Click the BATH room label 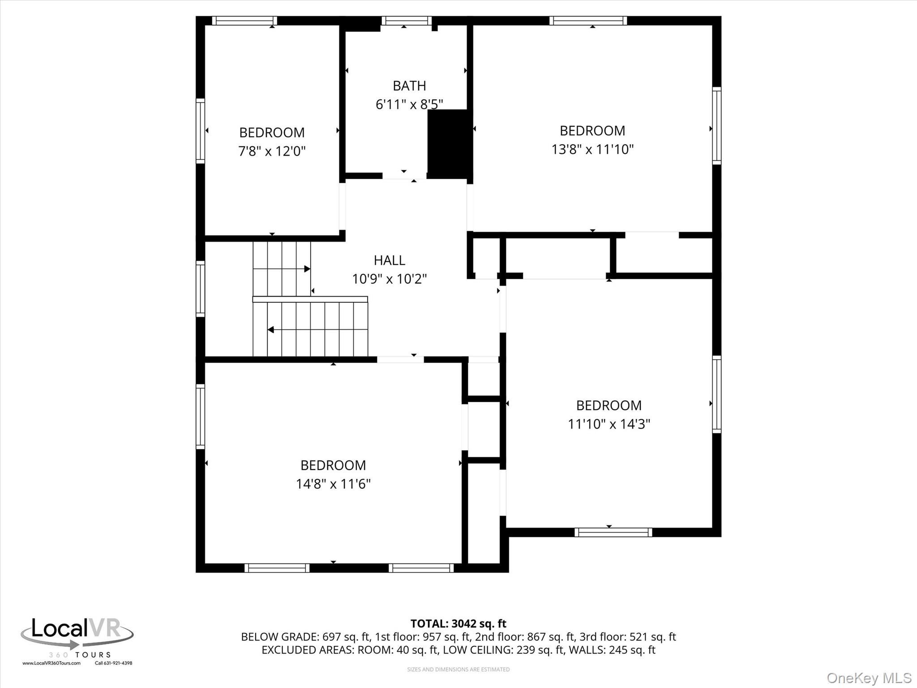(x=409, y=86)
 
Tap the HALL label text (x=390, y=260)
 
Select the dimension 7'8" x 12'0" (x=272, y=151)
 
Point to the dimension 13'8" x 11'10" (x=592, y=149)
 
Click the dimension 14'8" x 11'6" (x=333, y=484)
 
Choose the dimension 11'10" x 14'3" (x=609, y=424)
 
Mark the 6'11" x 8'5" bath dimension (x=409, y=104)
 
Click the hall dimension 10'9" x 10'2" (x=390, y=279)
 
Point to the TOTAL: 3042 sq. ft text (x=458, y=623)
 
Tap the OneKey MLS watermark (x=869, y=678)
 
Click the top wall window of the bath (x=407, y=21)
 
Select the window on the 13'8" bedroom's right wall (x=717, y=125)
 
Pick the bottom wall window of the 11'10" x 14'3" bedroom (x=613, y=532)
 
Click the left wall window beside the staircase (x=200, y=288)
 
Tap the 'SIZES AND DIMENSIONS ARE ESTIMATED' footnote (x=458, y=669)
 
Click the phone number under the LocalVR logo (x=113, y=663)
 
